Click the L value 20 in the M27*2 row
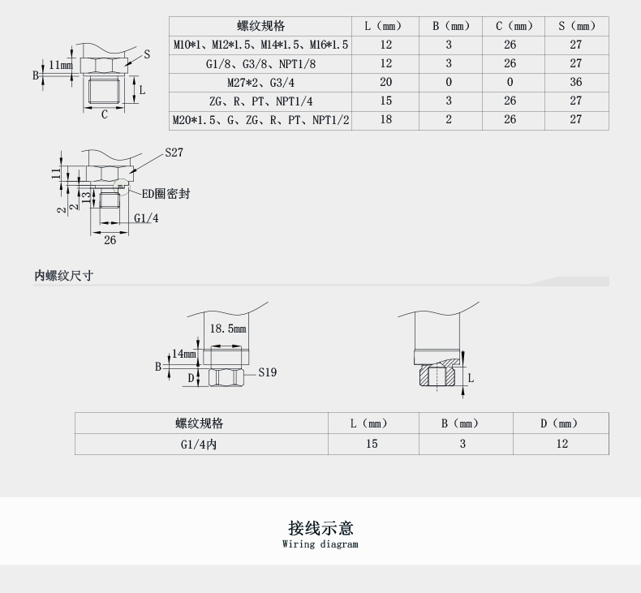coord(385,82)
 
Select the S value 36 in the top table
coord(576,82)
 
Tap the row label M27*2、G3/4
coord(260,82)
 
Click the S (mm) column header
coord(576,26)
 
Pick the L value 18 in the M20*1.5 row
coord(385,120)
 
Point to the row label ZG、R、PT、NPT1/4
coord(260,101)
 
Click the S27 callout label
coord(174,153)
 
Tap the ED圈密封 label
coord(166,194)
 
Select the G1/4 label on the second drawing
coord(146,218)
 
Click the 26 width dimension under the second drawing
coord(110,240)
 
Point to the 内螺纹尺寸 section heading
coord(63,276)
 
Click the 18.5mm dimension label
coord(227,329)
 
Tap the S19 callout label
coord(268,372)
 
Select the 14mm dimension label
coord(184,354)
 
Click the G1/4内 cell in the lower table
coord(200,444)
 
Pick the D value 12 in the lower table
coord(561,444)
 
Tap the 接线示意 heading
coord(320,528)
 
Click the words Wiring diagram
coord(320,544)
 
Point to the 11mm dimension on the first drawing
coord(60,65)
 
